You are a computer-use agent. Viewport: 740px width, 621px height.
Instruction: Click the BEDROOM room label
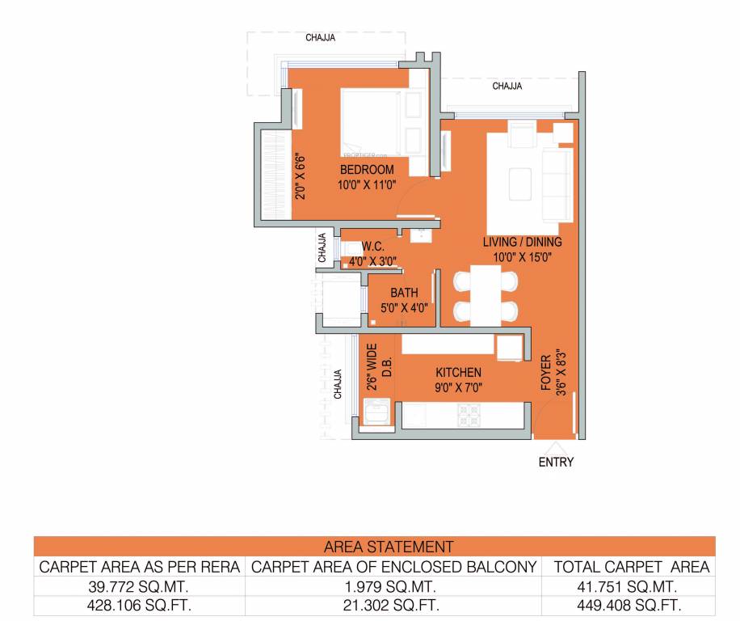click(367, 170)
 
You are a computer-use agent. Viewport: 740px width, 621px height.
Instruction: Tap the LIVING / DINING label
click(522, 242)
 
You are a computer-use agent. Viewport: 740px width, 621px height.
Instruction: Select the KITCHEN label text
click(458, 373)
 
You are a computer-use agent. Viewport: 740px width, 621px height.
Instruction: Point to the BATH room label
click(403, 294)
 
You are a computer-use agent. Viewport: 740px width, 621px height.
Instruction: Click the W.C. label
click(372, 247)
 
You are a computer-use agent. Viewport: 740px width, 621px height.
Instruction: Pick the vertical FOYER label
click(546, 373)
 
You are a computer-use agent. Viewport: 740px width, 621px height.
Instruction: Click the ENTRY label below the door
click(556, 463)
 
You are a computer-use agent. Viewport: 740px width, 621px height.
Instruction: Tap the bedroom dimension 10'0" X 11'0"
click(367, 184)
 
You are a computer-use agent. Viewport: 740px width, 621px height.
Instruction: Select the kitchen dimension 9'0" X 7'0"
click(458, 387)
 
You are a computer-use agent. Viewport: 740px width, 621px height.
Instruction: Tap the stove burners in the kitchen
click(469, 415)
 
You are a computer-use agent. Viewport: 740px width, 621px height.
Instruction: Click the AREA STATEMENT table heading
click(388, 547)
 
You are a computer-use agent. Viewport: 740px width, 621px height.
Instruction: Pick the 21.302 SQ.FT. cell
click(394, 605)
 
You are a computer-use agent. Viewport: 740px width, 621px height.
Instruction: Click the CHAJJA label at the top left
click(321, 37)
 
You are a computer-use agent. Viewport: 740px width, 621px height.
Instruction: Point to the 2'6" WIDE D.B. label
click(379, 369)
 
